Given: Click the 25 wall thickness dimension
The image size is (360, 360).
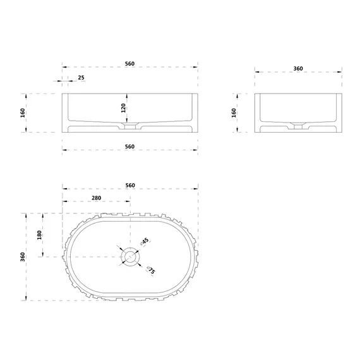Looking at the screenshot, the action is [81, 78].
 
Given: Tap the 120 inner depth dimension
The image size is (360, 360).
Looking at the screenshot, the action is [124, 108].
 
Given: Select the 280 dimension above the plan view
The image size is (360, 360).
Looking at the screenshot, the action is [97, 198].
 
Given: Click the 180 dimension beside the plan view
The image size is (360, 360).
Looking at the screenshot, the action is [39, 235].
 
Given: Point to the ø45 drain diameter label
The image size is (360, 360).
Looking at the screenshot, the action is [145, 242].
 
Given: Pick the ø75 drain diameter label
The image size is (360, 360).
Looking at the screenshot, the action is [151, 270].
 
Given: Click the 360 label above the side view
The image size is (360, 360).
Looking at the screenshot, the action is [298, 68].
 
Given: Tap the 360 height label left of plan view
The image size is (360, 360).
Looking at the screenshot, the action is [23, 257].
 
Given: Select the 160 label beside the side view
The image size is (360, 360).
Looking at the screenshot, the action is [234, 113].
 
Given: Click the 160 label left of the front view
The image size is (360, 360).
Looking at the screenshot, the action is [23, 113].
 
